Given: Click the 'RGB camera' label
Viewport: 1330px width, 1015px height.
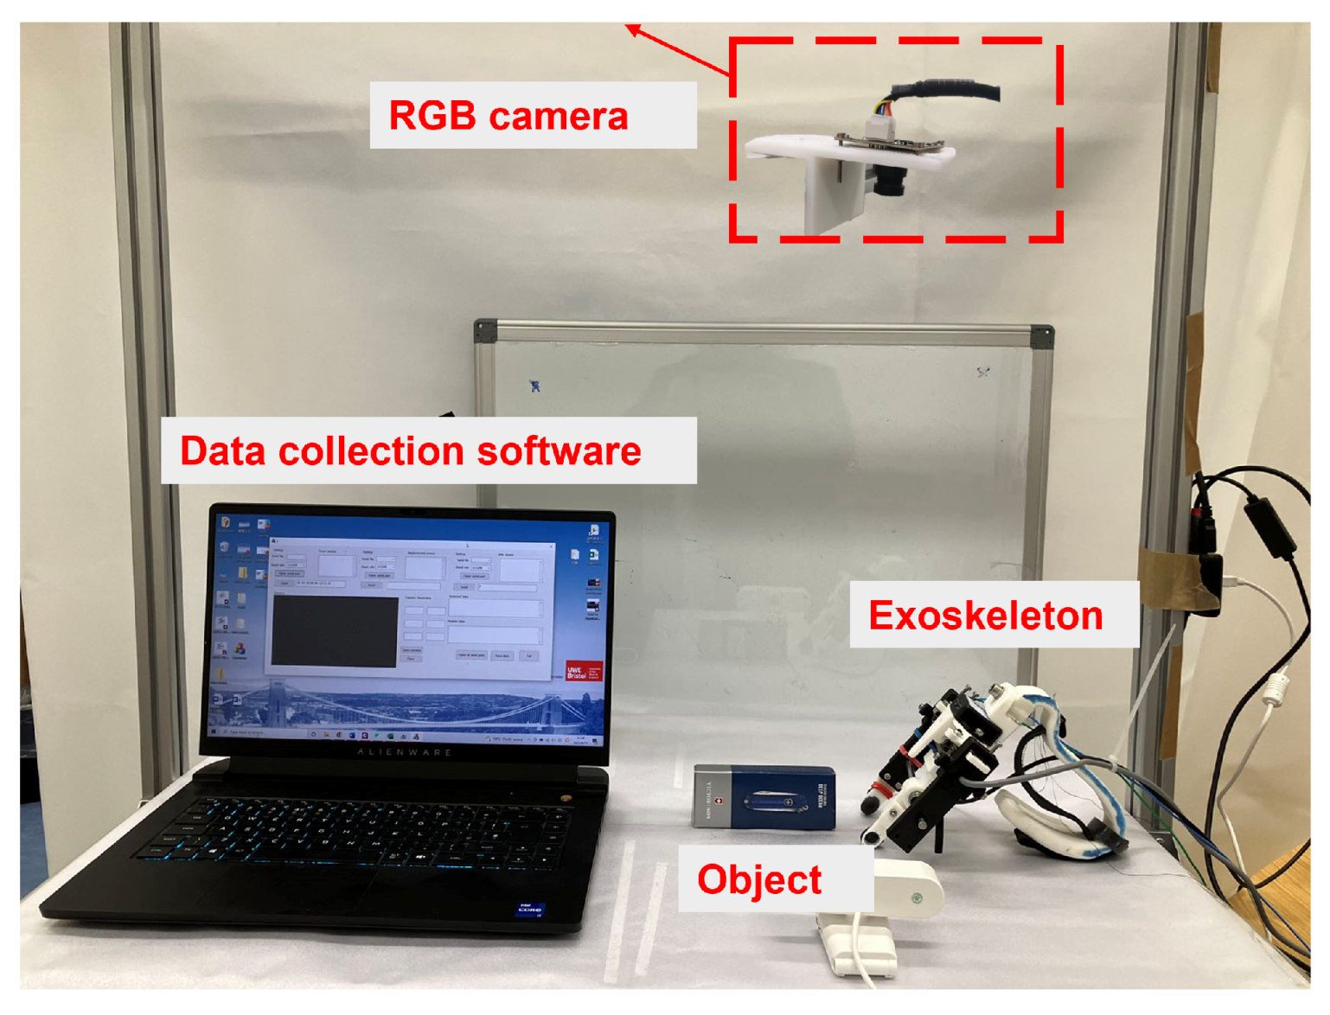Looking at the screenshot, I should click(508, 116).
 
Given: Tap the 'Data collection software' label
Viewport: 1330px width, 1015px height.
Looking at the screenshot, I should click(411, 451).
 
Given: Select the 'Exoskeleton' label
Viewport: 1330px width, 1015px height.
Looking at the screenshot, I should click(986, 616).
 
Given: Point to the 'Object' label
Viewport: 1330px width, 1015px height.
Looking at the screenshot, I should click(758, 880).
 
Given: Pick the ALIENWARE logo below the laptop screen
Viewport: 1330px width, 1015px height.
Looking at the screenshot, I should click(405, 752).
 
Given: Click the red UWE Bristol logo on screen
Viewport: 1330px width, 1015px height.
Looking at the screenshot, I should click(582, 672).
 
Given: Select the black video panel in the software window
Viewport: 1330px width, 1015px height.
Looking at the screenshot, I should click(335, 630).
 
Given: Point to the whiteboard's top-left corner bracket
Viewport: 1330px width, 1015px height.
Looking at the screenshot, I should click(485, 330).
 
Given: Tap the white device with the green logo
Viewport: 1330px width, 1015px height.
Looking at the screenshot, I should click(908, 891).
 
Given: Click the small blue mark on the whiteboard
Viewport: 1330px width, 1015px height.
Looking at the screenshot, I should click(534, 386).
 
